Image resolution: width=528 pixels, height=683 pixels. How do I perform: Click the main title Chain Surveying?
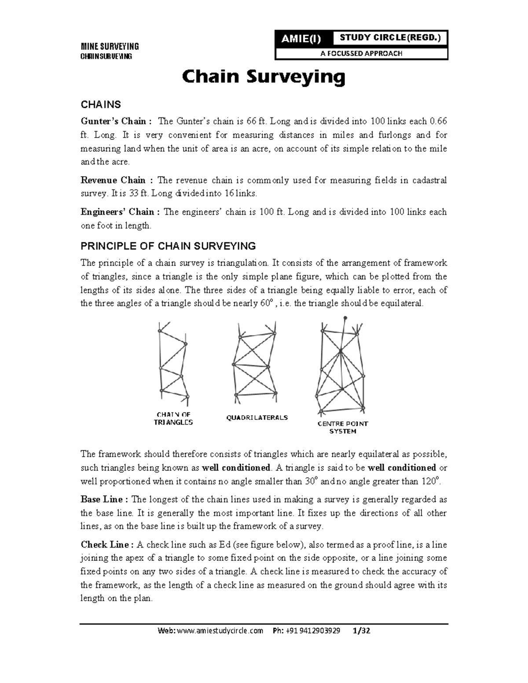click(x=264, y=77)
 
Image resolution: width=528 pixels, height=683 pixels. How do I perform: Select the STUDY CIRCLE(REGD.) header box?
click(x=389, y=38)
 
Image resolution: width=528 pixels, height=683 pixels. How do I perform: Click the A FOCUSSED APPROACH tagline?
click(x=361, y=54)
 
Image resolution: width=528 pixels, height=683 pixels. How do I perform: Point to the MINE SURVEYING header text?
click(x=109, y=46)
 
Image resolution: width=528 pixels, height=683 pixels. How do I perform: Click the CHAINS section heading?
click(x=100, y=105)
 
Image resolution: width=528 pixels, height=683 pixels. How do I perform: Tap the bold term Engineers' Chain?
click(x=117, y=212)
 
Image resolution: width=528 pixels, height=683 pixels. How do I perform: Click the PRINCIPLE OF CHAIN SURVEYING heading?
click(x=168, y=245)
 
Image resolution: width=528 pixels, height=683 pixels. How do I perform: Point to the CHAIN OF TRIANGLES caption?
click(x=173, y=418)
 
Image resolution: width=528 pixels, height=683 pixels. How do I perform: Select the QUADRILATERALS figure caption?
click(x=257, y=417)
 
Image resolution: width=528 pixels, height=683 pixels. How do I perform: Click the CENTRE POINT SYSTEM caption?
click(x=343, y=427)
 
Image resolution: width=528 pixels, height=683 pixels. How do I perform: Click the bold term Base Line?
click(x=104, y=500)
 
